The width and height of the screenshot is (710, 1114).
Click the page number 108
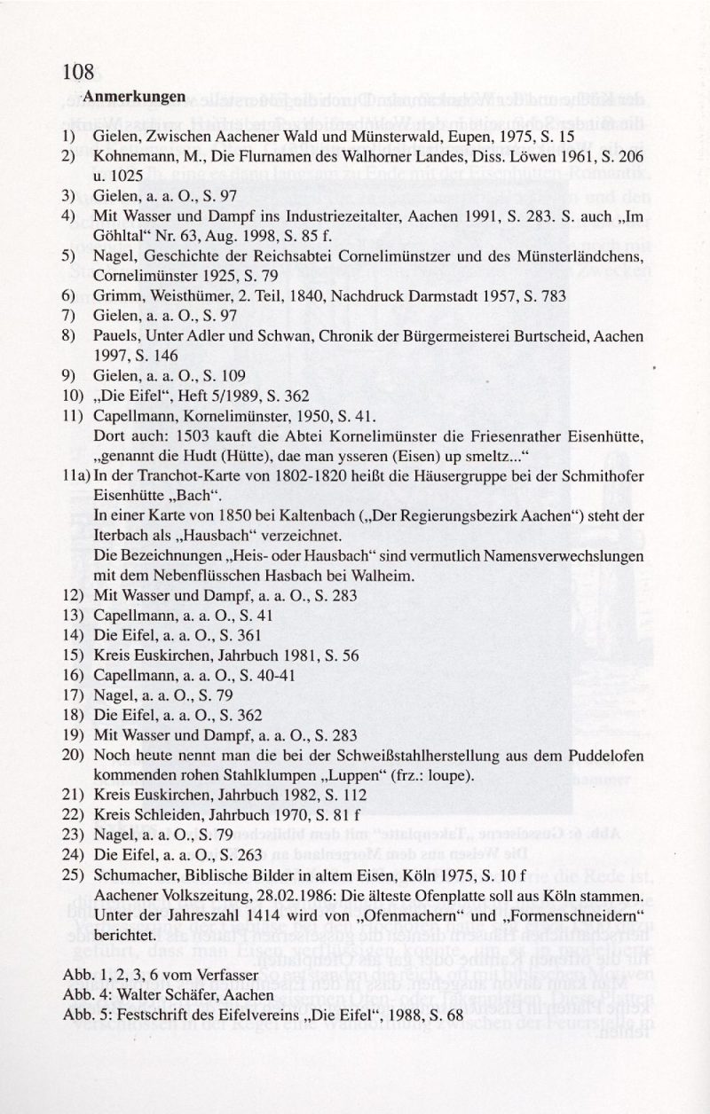(78, 72)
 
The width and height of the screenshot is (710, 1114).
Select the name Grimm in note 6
(113, 296)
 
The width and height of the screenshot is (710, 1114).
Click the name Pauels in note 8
(114, 337)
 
